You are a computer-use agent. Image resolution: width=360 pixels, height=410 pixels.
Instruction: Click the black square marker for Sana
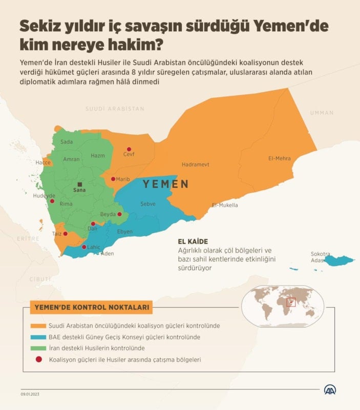click(x=79, y=184)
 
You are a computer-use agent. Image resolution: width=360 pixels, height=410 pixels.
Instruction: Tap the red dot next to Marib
click(x=113, y=179)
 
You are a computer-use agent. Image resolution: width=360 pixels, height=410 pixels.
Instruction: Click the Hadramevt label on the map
click(x=196, y=165)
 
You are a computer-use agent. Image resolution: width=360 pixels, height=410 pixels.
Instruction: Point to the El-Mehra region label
click(x=279, y=158)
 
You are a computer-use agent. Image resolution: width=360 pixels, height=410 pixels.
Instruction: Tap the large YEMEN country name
click(x=165, y=184)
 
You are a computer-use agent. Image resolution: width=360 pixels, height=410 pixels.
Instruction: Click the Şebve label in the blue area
click(x=148, y=204)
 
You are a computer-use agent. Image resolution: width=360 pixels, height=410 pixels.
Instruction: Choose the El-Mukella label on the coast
click(x=225, y=205)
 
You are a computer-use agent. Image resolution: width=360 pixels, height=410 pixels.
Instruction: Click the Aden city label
click(x=108, y=253)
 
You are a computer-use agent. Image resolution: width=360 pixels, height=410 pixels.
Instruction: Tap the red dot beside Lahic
click(x=84, y=247)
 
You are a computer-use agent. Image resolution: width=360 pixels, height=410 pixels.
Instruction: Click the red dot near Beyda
click(x=119, y=214)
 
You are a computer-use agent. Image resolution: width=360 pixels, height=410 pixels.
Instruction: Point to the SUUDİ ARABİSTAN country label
click(x=114, y=109)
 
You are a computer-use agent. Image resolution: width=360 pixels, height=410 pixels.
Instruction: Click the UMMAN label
click(x=322, y=113)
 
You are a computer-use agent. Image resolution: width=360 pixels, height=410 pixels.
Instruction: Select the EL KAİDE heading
click(x=193, y=241)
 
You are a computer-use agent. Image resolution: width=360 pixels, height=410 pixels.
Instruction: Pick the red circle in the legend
click(x=38, y=360)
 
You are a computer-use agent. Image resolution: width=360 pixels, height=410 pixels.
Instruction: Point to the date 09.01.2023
click(x=31, y=394)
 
